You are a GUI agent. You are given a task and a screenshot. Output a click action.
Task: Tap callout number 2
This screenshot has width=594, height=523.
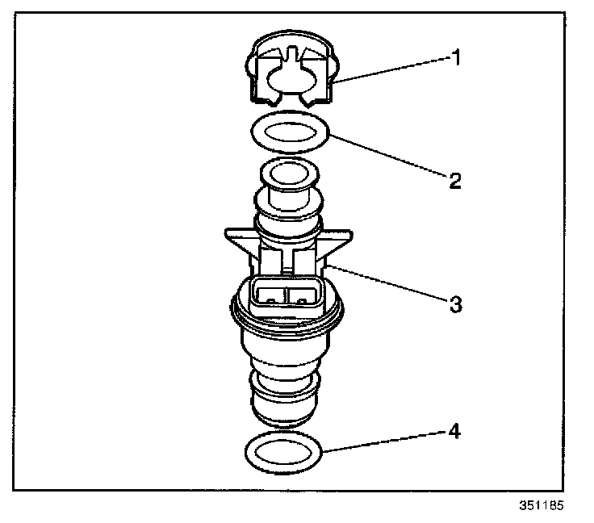pos(454,180)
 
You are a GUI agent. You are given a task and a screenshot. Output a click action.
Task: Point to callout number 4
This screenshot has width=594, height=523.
pos(454,432)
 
